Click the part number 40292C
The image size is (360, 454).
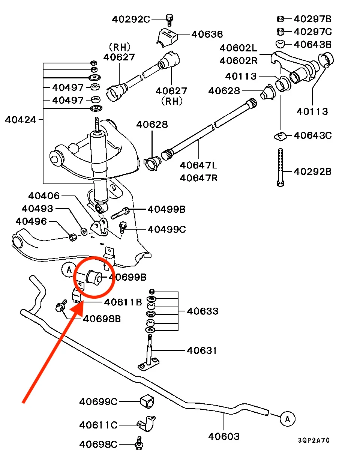131,19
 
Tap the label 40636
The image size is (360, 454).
207,34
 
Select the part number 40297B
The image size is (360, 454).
313,19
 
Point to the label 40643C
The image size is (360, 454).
313,135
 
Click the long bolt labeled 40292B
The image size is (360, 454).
280,167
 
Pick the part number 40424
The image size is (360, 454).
21,120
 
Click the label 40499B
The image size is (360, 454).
166,209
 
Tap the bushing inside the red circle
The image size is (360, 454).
94,277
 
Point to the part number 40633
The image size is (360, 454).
202,311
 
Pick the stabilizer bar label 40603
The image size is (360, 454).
224,436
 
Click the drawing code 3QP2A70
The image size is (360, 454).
314,440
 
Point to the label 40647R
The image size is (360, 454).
198,177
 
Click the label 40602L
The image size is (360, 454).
238,48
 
